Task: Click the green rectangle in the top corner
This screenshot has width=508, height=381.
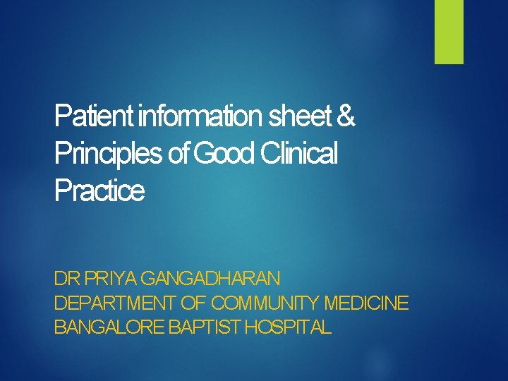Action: tap(449, 32)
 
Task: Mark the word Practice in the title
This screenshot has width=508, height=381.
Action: tap(99, 190)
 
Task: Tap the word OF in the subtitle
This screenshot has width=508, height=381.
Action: tap(194, 303)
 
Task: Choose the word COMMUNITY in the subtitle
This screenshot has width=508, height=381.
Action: tap(265, 303)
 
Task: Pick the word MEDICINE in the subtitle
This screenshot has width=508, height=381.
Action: tap(366, 303)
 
